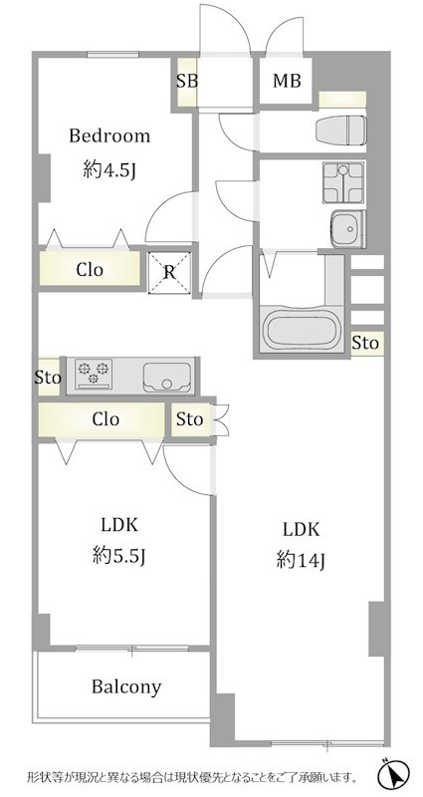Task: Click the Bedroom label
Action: [x=109, y=136]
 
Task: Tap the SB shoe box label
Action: [x=187, y=82]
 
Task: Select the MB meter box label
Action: [x=287, y=81]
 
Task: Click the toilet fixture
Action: [x=340, y=131]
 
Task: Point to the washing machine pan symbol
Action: [x=342, y=182]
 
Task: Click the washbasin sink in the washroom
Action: [x=347, y=229]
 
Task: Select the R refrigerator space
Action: [x=169, y=273]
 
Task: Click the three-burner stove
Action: [x=94, y=374]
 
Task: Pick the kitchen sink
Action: [x=167, y=378]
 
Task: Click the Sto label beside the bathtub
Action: [x=365, y=343]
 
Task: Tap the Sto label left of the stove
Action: [x=48, y=378]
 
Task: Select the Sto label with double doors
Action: [x=190, y=419]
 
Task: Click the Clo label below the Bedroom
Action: [x=90, y=269]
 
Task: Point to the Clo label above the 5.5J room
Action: [x=106, y=419]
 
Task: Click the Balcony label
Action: [x=126, y=686]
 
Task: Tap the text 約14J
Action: [x=301, y=561]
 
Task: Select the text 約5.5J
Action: [x=119, y=558]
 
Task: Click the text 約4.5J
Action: [x=109, y=171]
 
